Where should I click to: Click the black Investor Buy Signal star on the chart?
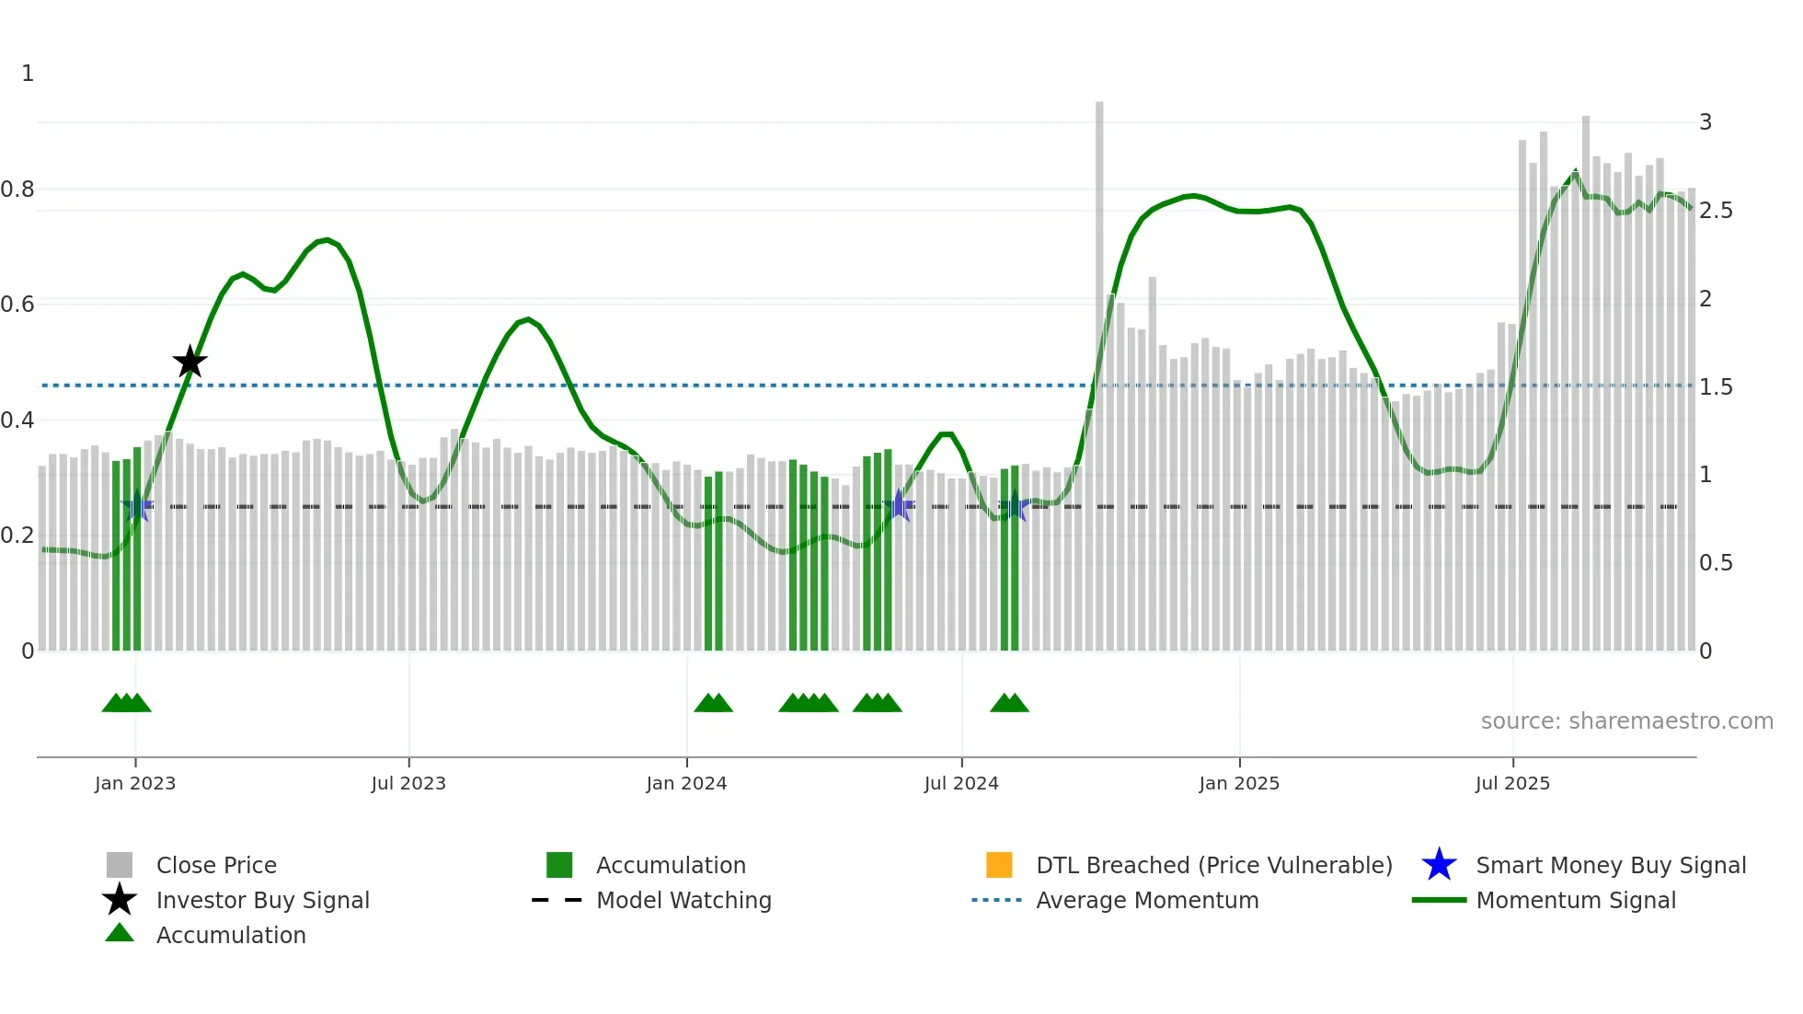point(189,362)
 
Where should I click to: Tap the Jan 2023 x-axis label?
point(135,784)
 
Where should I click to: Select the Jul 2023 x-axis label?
point(408,784)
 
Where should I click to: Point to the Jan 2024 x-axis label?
point(686,784)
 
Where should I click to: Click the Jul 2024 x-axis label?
point(961,784)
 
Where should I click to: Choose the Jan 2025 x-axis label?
point(1239,784)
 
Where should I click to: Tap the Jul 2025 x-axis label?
point(1512,784)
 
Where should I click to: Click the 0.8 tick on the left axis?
point(17,190)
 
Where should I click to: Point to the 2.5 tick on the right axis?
point(1716,211)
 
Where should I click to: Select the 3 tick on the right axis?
point(1705,122)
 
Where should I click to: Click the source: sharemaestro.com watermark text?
point(1626,721)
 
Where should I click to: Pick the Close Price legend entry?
point(216,866)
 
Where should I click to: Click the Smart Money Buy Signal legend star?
point(1439,866)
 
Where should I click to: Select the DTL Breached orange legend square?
point(999,866)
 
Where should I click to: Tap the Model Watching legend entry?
point(683,901)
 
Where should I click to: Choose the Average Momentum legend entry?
point(1147,901)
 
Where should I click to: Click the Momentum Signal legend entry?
point(1576,901)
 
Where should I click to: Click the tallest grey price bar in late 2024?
point(1099,368)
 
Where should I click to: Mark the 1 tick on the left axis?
point(28,74)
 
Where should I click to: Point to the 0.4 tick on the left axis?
point(17,421)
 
